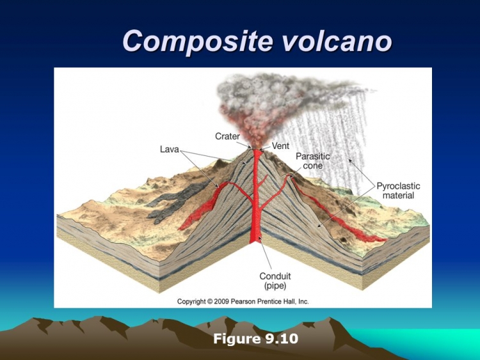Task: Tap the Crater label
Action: click(x=227, y=136)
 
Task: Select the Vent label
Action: click(x=280, y=146)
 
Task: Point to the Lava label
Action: click(x=170, y=149)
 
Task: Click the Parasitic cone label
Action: click(x=312, y=161)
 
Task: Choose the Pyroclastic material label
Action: click(x=398, y=191)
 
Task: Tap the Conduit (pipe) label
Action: click(x=275, y=281)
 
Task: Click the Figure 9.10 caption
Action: click(x=255, y=339)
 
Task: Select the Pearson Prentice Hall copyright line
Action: click(x=243, y=302)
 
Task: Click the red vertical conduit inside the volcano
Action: click(x=257, y=196)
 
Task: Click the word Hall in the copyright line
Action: click(x=290, y=302)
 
